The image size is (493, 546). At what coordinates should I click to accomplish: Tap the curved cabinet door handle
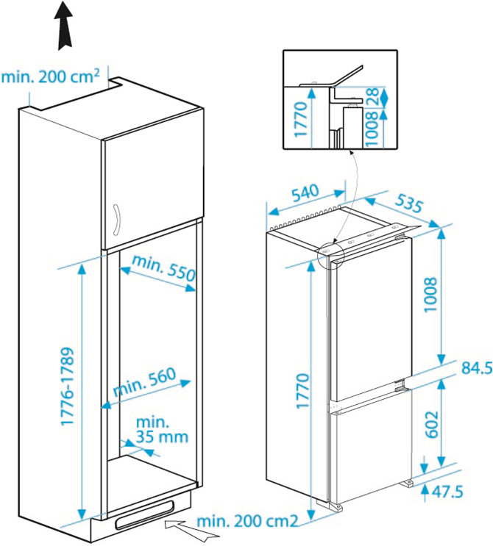pos(116,220)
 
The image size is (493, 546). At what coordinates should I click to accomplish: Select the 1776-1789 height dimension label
pos(68,387)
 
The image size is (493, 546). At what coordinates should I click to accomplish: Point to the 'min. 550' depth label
pos(164,267)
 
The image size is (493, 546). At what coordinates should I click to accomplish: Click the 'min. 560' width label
pos(145,381)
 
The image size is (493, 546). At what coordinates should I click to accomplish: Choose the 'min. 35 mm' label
pos(162,430)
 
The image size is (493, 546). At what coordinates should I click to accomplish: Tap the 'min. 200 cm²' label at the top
pos(51,76)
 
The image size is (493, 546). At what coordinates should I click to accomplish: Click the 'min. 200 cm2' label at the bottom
pos(247,521)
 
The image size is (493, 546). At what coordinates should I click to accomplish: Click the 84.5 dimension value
pos(477,367)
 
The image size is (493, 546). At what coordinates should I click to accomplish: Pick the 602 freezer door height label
pos(431,424)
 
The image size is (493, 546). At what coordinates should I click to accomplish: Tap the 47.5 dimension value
pos(447,492)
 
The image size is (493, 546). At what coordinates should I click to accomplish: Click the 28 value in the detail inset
pos(372,96)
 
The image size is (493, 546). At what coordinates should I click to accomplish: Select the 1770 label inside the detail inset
pos(301,119)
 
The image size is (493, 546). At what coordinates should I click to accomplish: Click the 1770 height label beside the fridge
pos(302,391)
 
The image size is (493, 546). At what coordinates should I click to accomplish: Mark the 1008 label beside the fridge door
pos(431,295)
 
